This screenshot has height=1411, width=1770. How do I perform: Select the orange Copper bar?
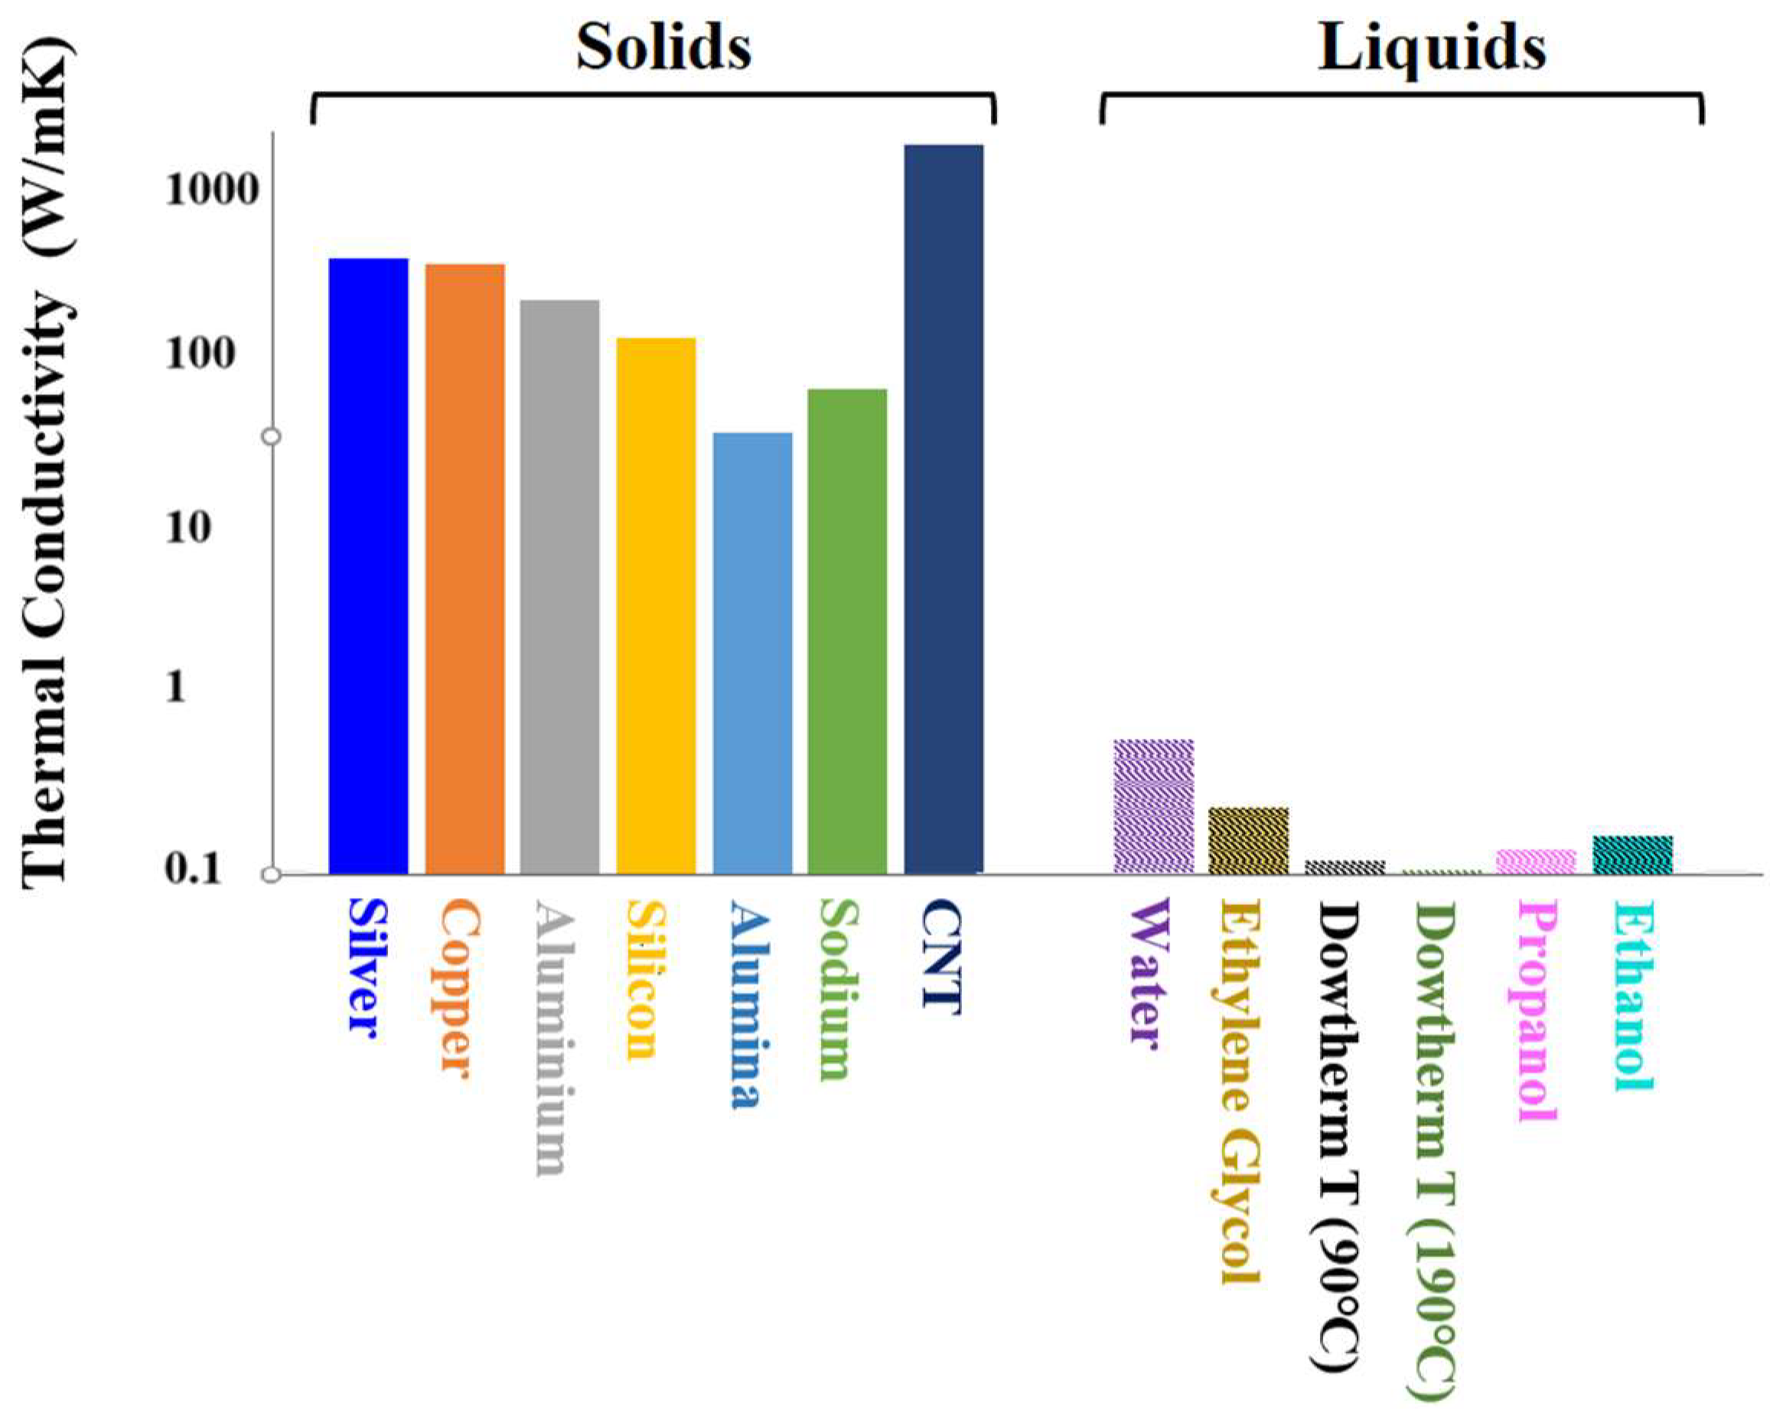click(464, 568)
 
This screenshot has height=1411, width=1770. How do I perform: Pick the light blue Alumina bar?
click(752, 653)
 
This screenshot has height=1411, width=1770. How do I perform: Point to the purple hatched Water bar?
click(1153, 806)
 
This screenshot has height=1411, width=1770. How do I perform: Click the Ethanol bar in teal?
click(1632, 854)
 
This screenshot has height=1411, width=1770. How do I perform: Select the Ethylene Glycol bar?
click(1249, 840)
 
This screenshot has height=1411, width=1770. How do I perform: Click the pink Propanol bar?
click(1536, 861)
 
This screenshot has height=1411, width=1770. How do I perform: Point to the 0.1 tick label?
click(194, 868)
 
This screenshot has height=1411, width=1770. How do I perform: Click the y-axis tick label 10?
click(188, 527)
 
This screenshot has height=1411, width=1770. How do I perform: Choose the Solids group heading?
click(663, 47)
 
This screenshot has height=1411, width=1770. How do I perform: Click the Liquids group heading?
click(1432, 47)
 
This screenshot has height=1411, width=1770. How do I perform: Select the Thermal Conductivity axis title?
click(47, 460)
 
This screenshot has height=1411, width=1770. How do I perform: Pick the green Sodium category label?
click(839, 989)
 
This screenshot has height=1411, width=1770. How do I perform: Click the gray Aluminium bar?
click(559, 586)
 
